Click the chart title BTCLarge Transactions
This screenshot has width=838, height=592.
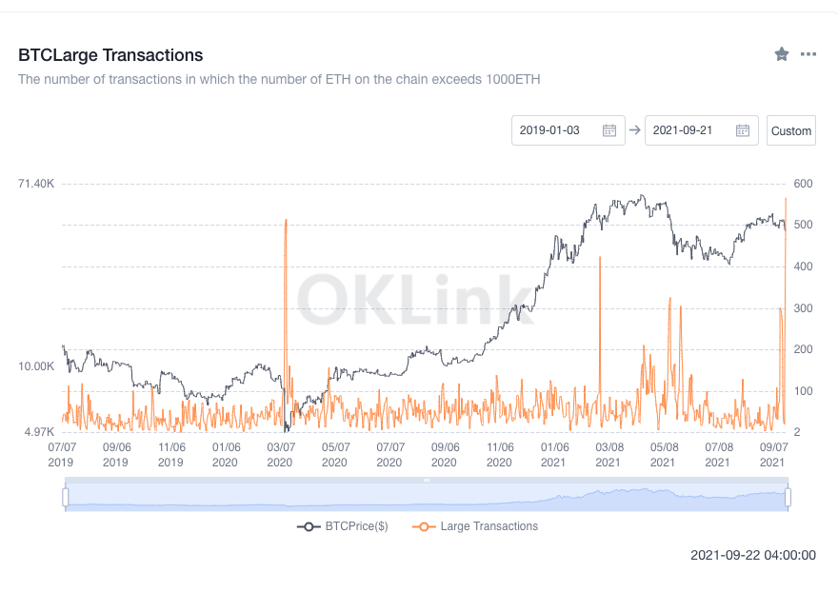110,55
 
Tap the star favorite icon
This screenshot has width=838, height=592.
782,54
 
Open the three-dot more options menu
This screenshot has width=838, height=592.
808,54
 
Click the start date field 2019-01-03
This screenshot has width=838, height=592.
568,130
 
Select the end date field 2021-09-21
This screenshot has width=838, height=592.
701,130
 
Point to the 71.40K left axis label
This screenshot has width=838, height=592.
36,183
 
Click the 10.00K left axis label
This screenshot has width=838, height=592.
36,366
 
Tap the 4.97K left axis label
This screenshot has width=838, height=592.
38,432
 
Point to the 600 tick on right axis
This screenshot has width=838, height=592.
803,183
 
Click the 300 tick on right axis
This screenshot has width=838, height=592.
803,308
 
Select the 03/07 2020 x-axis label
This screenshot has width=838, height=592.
280,453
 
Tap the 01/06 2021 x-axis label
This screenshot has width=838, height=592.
554,453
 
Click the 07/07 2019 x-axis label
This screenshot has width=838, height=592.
62,453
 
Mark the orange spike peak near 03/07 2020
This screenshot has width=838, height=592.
286,221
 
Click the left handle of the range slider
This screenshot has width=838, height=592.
66,497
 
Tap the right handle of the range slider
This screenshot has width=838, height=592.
788,497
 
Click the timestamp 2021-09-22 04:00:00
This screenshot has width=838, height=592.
752,555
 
